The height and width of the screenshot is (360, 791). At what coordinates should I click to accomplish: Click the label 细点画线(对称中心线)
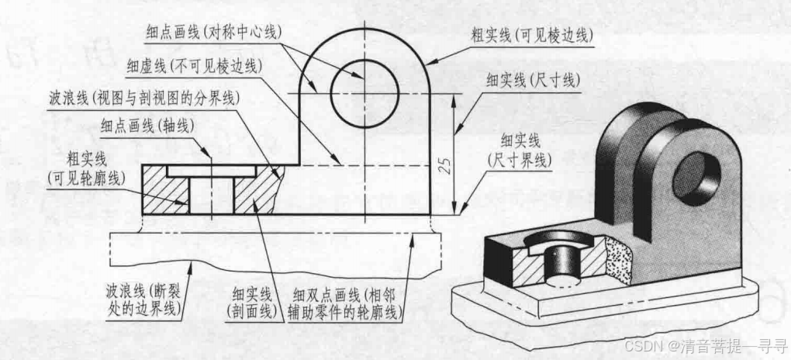point(213,32)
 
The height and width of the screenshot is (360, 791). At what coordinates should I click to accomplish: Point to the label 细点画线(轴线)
point(148,125)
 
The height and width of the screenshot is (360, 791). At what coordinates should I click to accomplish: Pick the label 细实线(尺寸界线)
point(524,149)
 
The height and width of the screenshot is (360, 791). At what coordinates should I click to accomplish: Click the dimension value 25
point(444,164)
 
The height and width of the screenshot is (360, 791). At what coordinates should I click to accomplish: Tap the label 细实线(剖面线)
point(253,304)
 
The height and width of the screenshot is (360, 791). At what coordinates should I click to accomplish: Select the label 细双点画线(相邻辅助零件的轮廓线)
point(346,304)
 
